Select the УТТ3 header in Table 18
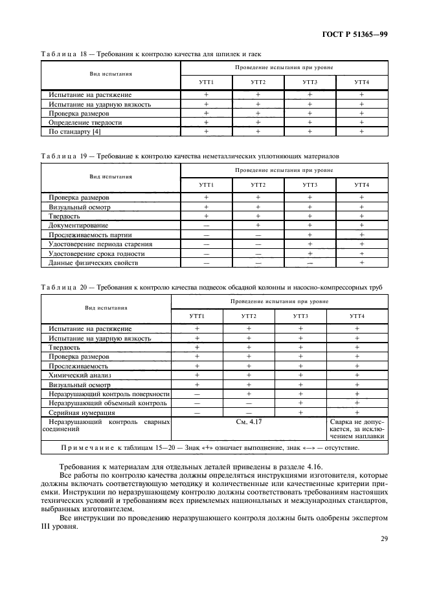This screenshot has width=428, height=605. [x=310, y=82]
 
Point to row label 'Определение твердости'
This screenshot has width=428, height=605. [x=85, y=122]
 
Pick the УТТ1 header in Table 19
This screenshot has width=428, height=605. [x=207, y=185]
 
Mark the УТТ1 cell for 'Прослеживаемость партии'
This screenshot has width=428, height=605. [x=207, y=235]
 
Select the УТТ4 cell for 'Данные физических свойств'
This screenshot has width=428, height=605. [x=362, y=262]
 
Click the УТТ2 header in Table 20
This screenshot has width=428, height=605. [x=249, y=316]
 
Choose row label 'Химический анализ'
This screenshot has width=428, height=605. [x=81, y=374]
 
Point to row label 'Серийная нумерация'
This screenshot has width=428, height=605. [x=83, y=412]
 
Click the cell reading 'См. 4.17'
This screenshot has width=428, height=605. [x=249, y=421]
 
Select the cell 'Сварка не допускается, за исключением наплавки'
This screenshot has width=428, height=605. [x=357, y=428]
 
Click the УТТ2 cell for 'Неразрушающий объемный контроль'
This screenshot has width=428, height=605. [x=249, y=403]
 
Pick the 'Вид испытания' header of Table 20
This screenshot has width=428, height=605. [x=106, y=308]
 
